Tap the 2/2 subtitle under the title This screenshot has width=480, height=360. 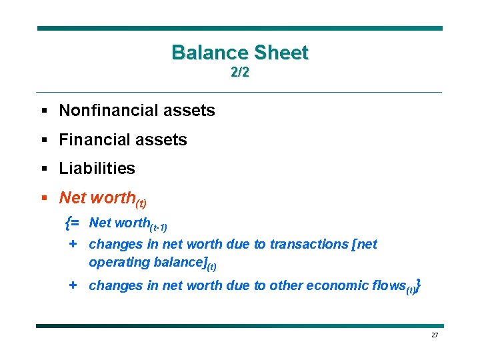click(240, 73)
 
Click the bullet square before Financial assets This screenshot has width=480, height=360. click(45, 140)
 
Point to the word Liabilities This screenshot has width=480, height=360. click(97, 169)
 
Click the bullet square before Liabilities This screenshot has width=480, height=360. click(45, 169)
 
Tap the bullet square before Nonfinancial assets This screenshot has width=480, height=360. click(45, 111)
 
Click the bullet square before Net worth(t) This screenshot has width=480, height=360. click(45, 198)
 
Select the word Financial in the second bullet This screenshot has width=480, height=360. click(93, 140)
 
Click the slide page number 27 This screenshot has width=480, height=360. click(435, 335)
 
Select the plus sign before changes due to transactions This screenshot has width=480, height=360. click(73, 244)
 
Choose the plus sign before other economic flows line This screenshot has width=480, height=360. click(73, 285)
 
